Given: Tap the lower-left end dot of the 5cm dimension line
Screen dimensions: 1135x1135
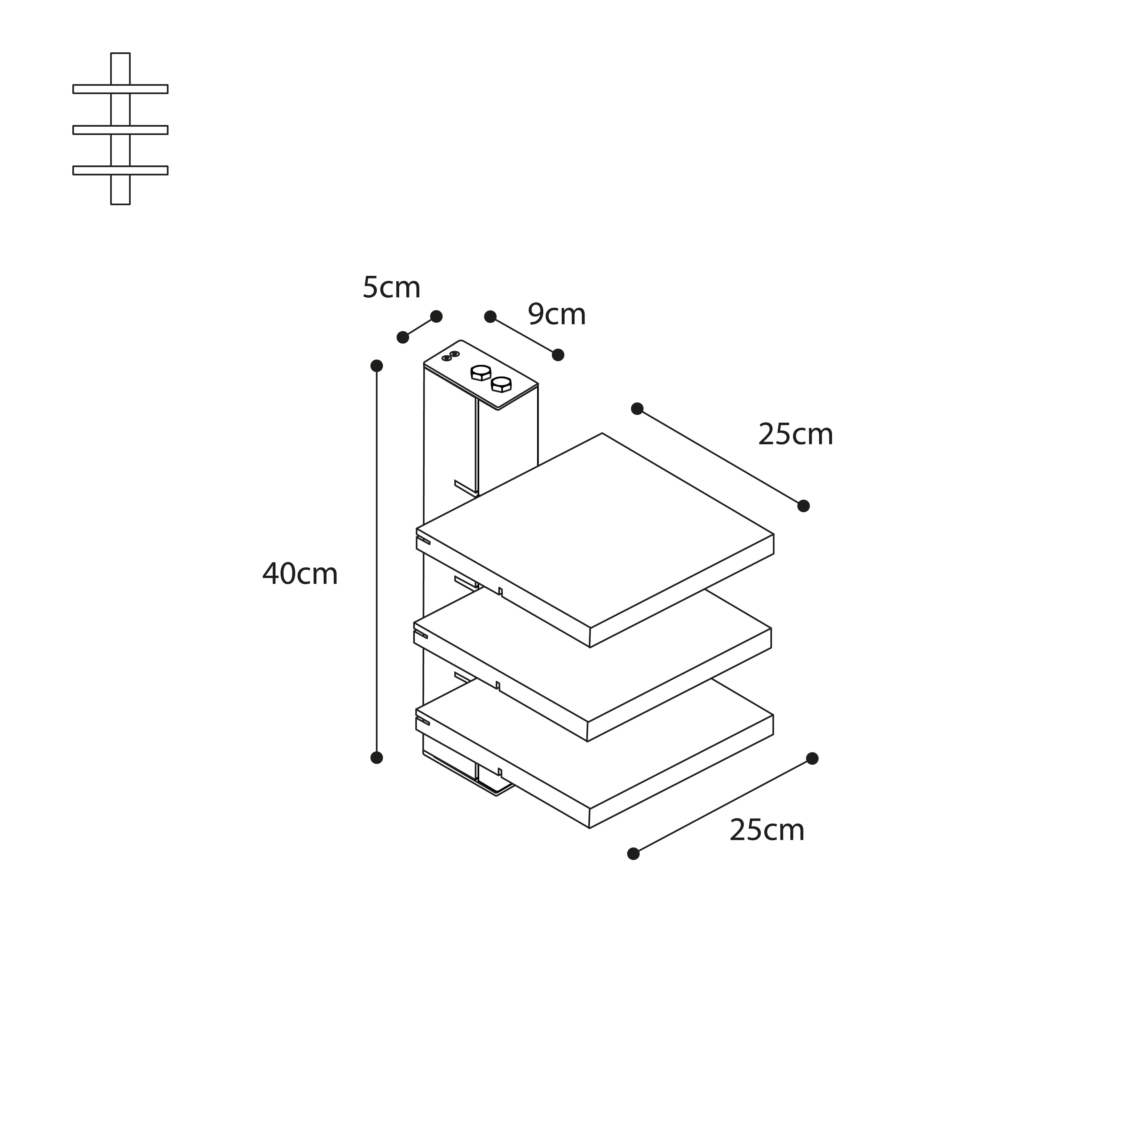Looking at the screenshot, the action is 402,337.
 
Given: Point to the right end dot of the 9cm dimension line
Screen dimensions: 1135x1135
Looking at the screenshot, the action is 558,355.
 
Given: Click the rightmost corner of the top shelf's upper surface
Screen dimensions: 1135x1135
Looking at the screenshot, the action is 773,535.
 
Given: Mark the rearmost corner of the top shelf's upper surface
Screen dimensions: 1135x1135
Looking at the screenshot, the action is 602,434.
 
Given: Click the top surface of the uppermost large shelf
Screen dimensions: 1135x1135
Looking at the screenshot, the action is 595,530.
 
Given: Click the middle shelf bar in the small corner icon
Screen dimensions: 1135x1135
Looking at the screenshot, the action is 120,130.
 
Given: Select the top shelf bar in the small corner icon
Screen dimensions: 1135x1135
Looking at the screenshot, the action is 120,89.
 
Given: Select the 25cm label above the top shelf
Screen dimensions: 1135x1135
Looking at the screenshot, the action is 795,435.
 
